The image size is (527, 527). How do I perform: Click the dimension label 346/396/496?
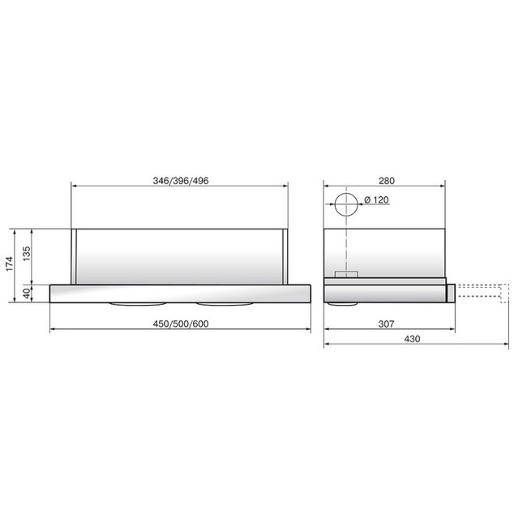pos(181,181)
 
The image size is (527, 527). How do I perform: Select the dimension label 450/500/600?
pos(181,324)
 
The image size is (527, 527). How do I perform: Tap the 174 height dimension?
pos(9,263)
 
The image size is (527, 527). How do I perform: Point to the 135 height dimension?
pos(26,254)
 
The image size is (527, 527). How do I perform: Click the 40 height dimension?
pos(26,293)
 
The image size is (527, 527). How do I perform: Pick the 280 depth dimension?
pos(387,181)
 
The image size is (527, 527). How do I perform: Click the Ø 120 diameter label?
pos(376,199)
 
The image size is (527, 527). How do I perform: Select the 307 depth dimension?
pos(386,324)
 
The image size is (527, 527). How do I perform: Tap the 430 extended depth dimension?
pos(412,339)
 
